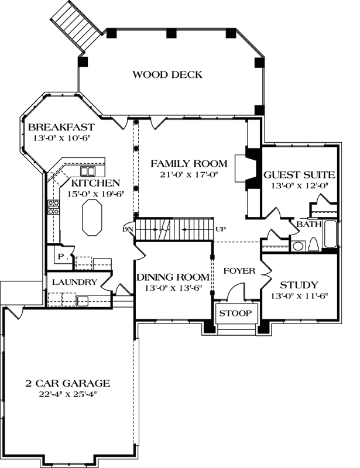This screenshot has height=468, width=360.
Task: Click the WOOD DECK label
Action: coord(167,74)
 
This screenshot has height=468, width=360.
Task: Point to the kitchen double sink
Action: coord(88,171)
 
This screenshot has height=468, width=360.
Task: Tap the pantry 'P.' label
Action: coord(61,256)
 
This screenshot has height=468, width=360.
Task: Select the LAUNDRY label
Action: coord(74,282)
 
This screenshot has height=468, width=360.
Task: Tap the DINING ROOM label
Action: coord(173,277)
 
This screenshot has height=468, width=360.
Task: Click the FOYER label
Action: coord(239,271)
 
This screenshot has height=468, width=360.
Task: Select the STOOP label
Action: coord(235,314)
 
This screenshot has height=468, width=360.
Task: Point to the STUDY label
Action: coord(299,285)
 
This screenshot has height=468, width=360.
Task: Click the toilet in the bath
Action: coord(313,244)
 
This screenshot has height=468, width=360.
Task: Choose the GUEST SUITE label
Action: coord(299,174)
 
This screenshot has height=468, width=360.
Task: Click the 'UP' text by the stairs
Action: coord(221,228)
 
